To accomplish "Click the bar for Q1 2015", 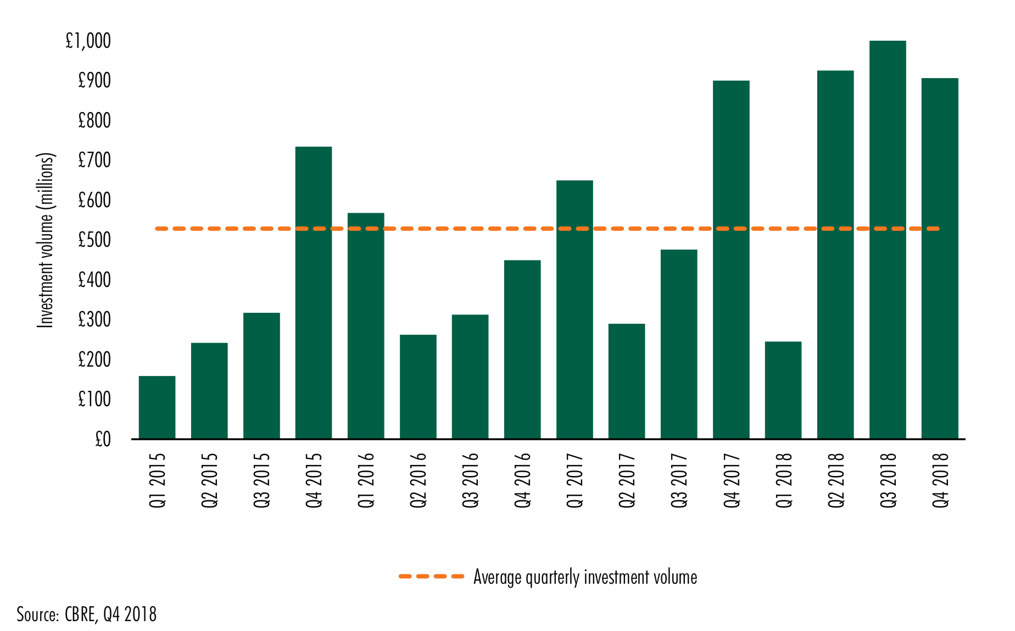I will coord(157,407).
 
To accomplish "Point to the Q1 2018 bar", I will coord(783,390).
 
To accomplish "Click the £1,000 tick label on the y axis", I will coord(88,41).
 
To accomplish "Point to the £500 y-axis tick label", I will coord(94,240).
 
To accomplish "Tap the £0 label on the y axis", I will coord(103,439).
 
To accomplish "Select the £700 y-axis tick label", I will coord(94,160).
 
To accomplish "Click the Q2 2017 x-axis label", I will coord(627,480).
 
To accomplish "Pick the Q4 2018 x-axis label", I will coord(940,480).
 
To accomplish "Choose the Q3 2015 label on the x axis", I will coord(261,480).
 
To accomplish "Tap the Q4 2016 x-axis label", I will coord(522,480).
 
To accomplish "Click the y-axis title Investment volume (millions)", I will coord(46,240).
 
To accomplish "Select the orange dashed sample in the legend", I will coord(431,577).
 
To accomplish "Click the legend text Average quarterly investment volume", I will coord(585,577).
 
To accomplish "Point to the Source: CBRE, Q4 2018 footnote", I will coord(86,614).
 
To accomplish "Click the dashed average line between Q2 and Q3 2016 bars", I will coord(444,229).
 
